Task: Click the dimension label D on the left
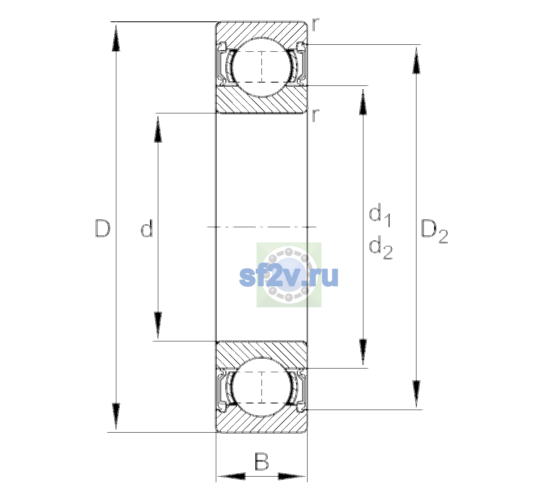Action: click(x=102, y=228)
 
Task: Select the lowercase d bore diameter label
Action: click(x=146, y=228)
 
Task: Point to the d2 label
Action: click(x=381, y=247)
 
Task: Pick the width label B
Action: click(x=261, y=461)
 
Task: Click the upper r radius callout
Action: click(x=316, y=25)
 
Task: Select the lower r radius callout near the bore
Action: click(x=316, y=115)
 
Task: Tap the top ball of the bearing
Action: click(x=261, y=67)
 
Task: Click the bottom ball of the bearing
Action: click(x=261, y=387)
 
